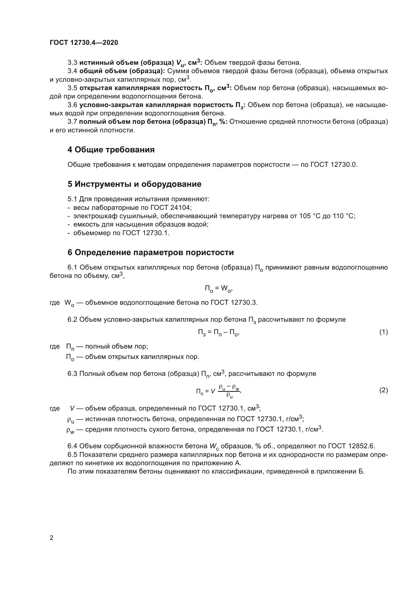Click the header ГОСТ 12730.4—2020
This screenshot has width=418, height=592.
coord(84,43)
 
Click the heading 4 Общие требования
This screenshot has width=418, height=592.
coord(111,150)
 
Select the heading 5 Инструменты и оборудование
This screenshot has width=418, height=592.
coord(134,184)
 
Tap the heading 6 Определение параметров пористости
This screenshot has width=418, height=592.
coord(151,252)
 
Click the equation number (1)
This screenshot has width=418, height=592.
coord(384,332)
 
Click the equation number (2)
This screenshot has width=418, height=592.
coord(384,390)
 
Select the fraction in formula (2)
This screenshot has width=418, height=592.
coord(229,391)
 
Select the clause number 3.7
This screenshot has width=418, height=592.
coord(72,122)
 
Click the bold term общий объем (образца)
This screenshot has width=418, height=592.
coord(122,71)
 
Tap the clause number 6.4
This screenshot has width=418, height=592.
coord(72,446)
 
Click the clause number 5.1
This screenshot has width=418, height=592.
coord(72,199)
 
